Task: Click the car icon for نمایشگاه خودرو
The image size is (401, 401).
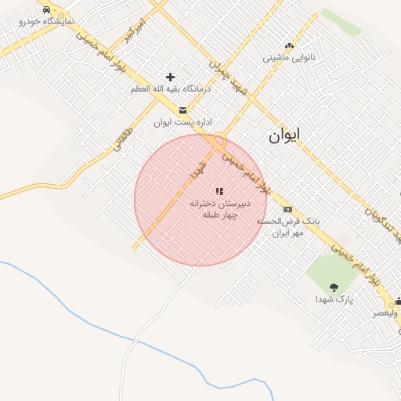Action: click(46, 9)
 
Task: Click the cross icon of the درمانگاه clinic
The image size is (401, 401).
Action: click(170, 77)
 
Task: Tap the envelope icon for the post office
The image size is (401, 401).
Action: click(182, 110)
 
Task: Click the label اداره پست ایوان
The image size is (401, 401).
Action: click(183, 122)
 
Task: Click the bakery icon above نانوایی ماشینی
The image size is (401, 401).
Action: click(289, 45)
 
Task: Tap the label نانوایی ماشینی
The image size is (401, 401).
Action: click(289, 57)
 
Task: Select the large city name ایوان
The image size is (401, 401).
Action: click(284, 135)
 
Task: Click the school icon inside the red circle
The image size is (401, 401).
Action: click(219, 190)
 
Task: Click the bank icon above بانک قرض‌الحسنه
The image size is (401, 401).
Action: click(287, 209)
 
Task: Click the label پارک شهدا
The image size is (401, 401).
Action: click(335, 299)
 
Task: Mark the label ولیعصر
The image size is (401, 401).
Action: click(385, 312)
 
